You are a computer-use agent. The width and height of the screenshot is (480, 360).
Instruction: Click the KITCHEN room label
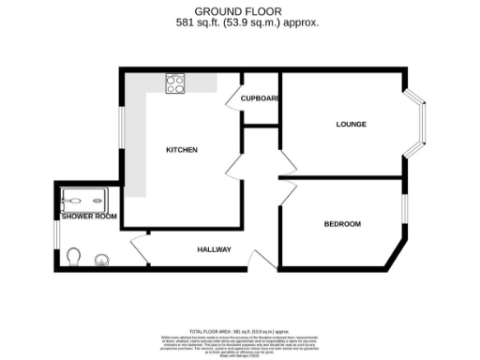pyautogui.click(x=182, y=150)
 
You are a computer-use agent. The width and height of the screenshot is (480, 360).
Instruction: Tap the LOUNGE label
pyautogui.click(x=352, y=124)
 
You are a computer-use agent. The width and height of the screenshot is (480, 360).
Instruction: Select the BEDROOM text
pyautogui.click(x=342, y=223)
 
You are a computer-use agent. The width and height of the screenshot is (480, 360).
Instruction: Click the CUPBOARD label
pyautogui.click(x=260, y=97)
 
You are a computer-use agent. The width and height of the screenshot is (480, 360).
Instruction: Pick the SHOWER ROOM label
pyautogui.click(x=89, y=217)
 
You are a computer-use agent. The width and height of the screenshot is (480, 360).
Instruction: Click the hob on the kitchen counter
pyautogui.click(x=175, y=83)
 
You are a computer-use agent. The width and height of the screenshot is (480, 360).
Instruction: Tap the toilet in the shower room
pyautogui.click(x=76, y=255)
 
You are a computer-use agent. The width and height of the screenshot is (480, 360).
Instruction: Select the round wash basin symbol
pyautogui.click(x=100, y=260)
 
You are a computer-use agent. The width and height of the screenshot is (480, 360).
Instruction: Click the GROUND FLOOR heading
pyautogui.click(x=240, y=11)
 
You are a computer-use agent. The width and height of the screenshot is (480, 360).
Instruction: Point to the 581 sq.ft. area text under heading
pyautogui.click(x=240, y=22)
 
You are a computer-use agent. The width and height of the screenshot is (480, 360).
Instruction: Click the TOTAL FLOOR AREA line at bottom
pyautogui.click(x=240, y=332)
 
